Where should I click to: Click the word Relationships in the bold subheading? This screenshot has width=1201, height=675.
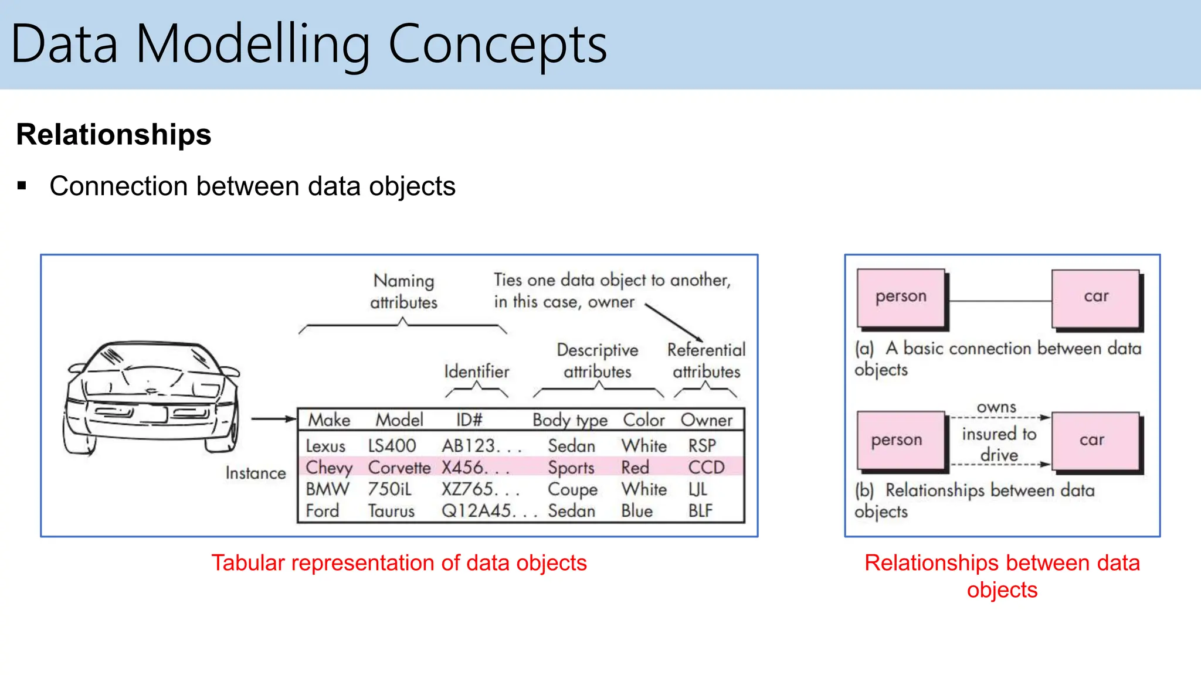[114, 135]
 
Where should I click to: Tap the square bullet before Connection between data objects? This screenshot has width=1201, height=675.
[22, 186]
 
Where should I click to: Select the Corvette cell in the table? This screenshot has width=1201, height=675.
[399, 468]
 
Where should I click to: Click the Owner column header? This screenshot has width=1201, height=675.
[706, 420]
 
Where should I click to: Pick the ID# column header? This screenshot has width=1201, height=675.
[469, 420]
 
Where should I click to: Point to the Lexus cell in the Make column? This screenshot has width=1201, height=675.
[325, 446]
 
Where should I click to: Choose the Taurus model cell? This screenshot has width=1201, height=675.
[391, 511]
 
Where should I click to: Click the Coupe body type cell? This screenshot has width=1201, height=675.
[572, 489]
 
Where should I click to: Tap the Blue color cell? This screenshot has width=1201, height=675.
[637, 511]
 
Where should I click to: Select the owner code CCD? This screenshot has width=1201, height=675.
[706, 468]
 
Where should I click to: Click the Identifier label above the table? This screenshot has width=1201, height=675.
[476, 371]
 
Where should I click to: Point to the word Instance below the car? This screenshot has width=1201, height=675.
[256, 473]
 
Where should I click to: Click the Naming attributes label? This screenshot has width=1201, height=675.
[403, 291]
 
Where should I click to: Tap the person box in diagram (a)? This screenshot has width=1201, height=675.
[901, 297]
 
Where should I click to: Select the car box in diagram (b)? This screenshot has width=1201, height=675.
[1093, 440]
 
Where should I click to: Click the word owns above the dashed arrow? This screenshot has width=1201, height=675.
[996, 407]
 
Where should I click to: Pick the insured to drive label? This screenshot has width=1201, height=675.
[999, 444]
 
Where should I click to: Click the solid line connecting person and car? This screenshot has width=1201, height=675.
[999, 301]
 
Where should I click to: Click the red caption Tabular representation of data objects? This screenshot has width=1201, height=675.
[399, 563]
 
